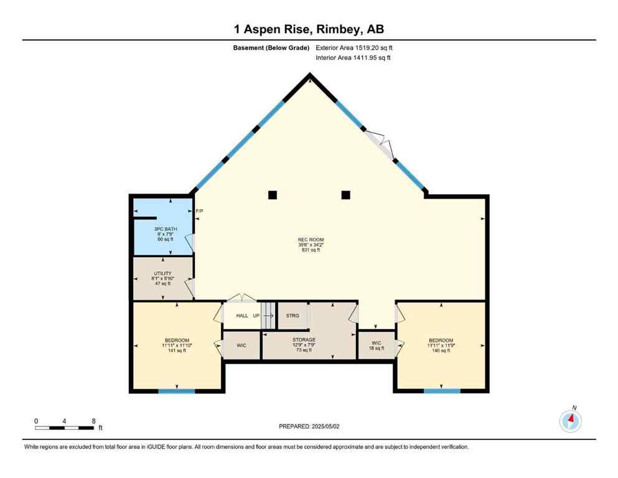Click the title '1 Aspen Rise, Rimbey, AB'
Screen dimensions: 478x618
pyautogui.click(x=309, y=29)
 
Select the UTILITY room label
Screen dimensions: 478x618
pyautogui.click(x=162, y=273)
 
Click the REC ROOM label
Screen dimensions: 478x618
pyautogui.click(x=311, y=240)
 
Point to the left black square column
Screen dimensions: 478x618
pyautogui.click(x=272, y=195)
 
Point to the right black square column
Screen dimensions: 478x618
pyautogui.click(x=345, y=195)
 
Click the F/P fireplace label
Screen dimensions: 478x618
pyautogui.click(x=199, y=212)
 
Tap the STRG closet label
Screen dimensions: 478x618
pyautogui.click(x=293, y=316)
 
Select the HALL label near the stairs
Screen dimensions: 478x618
pyautogui.click(x=242, y=316)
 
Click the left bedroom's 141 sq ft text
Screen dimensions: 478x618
pyautogui.click(x=177, y=350)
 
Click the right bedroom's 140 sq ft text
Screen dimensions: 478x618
pyautogui.click(x=441, y=350)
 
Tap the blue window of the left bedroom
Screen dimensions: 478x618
pyautogui.click(x=177, y=391)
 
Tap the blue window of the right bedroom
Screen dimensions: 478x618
pyautogui.click(x=442, y=391)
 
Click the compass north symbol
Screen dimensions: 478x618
pyautogui.click(x=570, y=421)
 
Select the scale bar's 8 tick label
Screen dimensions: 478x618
pyautogui.click(x=93, y=421)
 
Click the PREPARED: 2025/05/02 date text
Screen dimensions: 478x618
pyautogui.click(x=309, y=426)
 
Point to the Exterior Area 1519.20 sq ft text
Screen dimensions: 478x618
pyautogui.click(x=354, y=47)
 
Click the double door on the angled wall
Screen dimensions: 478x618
pyautogui.click(x=380, y=144)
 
